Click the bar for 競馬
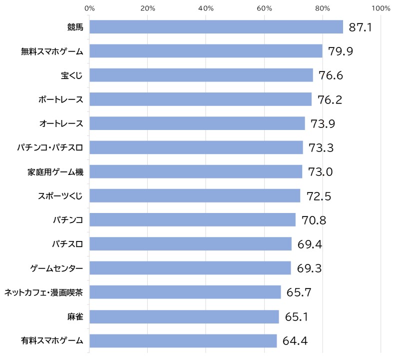(216, 27)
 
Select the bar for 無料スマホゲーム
(206, 51)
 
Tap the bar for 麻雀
(184, 317)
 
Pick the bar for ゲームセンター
(190, 268)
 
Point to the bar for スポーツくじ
(195, 195)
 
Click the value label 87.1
(360, 27)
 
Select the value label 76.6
(331, 75)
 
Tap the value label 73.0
(321, 171)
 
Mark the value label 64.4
(295, 340)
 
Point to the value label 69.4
(310, 244)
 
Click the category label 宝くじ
(72, 75)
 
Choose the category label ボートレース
(61, 99)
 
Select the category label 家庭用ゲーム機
(55, 172)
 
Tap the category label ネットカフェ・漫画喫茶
(43, 292)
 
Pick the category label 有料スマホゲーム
(52, 340)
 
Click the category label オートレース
(61, 123)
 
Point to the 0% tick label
(89, 8)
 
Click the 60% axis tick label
(264, 8)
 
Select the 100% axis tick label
(381, 8)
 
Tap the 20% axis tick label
(148, 8)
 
